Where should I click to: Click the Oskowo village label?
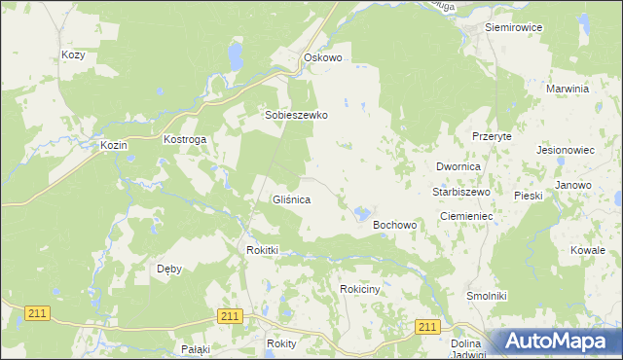coord(323,58)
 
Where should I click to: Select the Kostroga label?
coord(184,140)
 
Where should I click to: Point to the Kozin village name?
coord(115,145)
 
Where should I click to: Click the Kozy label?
coord(73,55)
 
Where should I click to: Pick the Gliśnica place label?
coord(291,199)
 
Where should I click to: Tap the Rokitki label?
coord(263,250)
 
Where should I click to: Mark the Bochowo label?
coord(395,226)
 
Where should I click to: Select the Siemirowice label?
coord(513,27)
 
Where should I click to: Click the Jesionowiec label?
coord(566,151)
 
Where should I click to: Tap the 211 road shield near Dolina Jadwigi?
coord(425,327)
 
